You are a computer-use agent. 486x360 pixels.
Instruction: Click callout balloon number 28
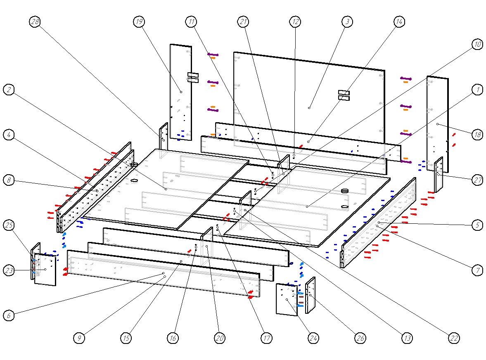pos(35,22)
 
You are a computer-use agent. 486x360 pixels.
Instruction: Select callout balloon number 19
pos(139,22)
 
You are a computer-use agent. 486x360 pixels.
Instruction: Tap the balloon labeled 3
pos(347,21)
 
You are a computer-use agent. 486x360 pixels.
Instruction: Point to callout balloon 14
pos(398,22)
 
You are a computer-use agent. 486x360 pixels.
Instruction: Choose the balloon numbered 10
pos(477,45)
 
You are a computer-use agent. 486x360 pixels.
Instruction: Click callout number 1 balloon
pos(477,90)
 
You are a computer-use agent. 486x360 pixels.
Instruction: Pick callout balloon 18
pos(477,135)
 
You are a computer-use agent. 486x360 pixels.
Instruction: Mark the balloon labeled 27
pos(477,180)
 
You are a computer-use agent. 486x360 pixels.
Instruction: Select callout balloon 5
pos(477,225)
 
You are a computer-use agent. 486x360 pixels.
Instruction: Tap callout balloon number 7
pos(477,270)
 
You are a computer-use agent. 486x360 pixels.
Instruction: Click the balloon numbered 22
pos(454,338)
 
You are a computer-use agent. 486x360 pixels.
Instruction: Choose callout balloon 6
pos(9,315)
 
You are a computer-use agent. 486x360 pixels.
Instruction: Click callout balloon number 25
pos(9,225)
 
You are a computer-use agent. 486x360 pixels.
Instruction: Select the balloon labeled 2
pos(9,89)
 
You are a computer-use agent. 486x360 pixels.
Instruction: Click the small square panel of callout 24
pos(286,299)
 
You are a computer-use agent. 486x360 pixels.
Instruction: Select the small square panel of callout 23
pos(45,269)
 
